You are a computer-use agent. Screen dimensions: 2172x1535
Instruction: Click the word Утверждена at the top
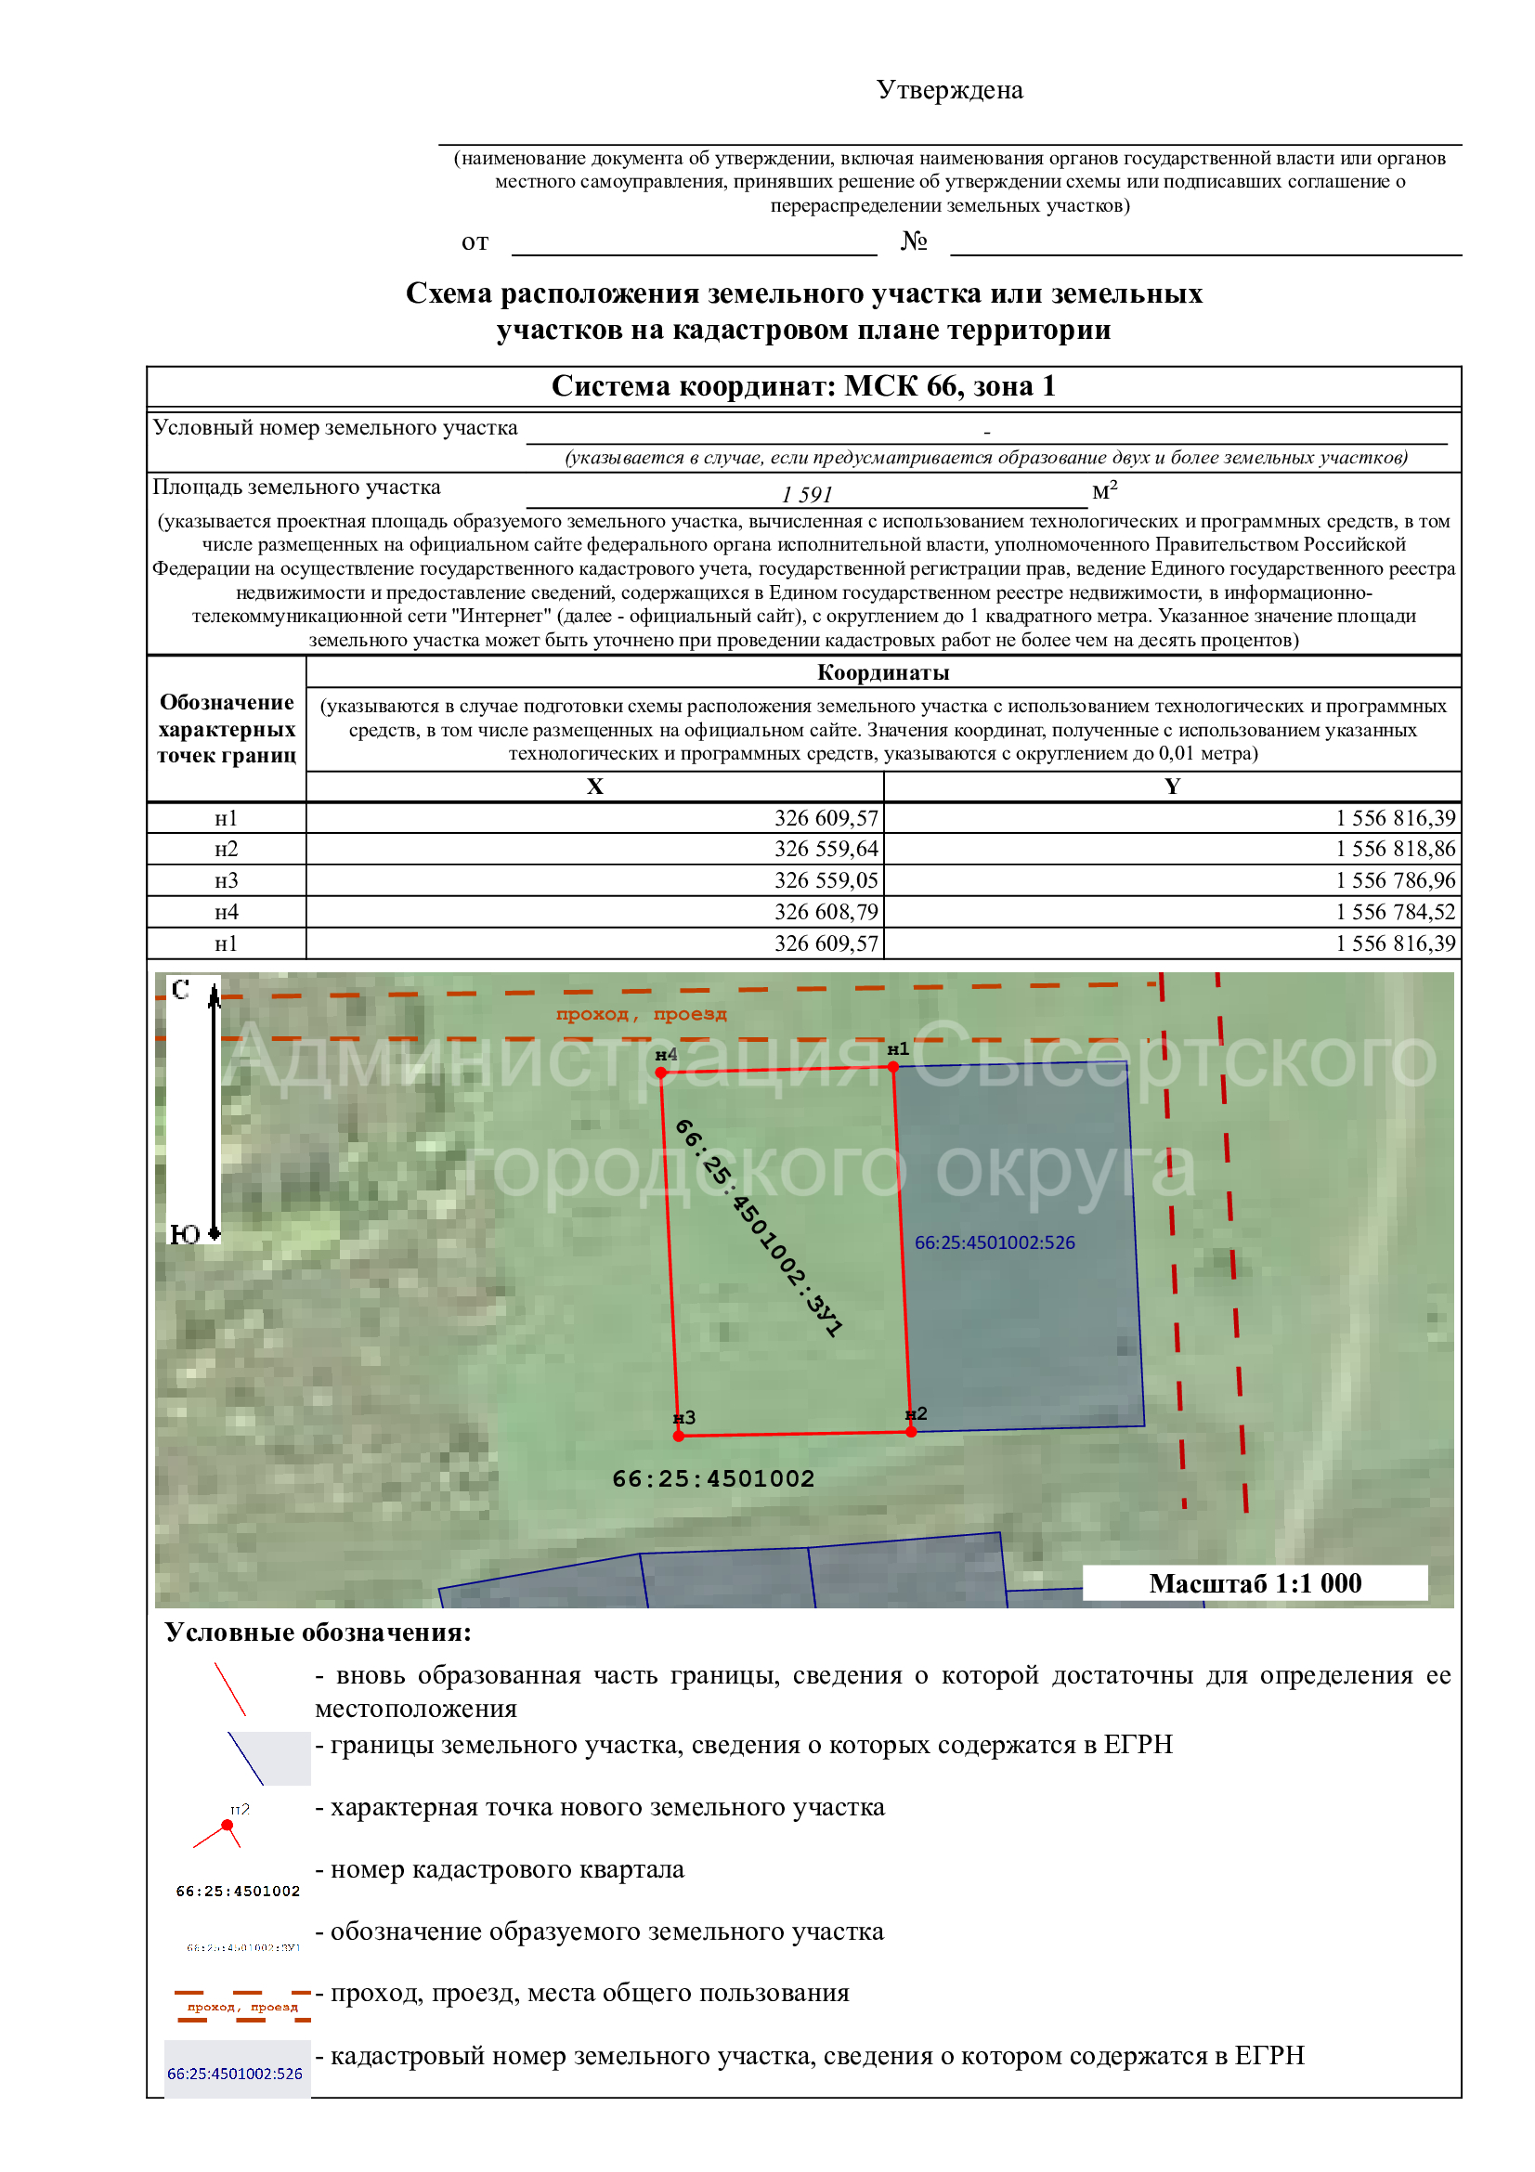[949, 90]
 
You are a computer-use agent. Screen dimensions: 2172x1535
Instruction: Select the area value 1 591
[806, 494]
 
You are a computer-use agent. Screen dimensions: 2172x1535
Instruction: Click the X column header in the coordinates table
[594, 787]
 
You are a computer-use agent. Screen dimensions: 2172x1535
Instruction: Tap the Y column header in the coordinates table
[1172, 787]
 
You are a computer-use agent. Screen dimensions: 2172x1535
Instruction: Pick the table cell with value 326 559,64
[826, 849]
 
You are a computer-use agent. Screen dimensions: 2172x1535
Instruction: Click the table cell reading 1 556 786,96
[1395, 879]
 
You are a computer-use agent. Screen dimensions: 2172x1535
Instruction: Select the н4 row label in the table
[226, 912]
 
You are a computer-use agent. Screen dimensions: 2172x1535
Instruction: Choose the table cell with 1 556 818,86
[1395, 849]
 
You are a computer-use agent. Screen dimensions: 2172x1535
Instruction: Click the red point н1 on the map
[892, 1067]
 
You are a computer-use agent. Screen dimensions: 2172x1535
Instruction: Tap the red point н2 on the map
[911, 1431]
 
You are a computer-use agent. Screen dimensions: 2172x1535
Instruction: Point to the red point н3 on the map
[678, 1436]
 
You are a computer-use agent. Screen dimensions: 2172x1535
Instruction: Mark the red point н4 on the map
[661, 1073]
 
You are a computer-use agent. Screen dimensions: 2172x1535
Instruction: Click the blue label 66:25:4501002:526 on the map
[994, 1242]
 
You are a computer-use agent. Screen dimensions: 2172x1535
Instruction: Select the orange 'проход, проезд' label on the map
[642, 1014]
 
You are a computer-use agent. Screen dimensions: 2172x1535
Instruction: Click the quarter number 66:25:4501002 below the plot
[713, 1478]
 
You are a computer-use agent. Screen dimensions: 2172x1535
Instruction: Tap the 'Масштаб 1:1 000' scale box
[1255, 1583]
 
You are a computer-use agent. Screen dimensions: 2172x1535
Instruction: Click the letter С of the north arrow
[181, 990]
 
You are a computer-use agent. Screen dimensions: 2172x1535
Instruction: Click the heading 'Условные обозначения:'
[318, 1632]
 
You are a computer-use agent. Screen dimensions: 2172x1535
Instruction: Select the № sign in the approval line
[914, 241]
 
